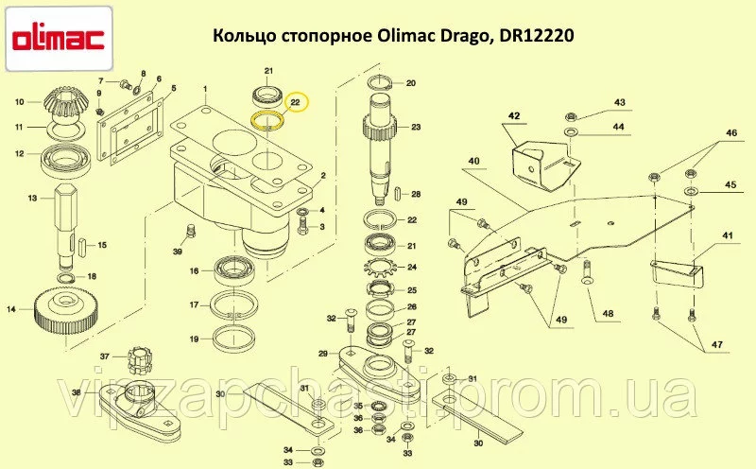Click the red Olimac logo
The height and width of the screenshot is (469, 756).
(x=60, y=40)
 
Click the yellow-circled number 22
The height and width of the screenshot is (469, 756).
(x=295, y=102)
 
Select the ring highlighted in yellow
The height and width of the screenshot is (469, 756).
(x=268, y=120)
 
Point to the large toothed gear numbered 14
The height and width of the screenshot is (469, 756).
(x=67, y=311)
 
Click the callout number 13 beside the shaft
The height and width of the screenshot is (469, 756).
(x=32, y=198)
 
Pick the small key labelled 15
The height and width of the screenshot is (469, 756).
(x=82, y=245)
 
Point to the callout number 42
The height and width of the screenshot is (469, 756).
(x=514, y=115)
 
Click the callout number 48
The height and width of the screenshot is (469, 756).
(x=608, y=314)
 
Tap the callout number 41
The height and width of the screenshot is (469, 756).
(x=727, y=235)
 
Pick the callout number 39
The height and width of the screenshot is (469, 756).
(x=178, y=252)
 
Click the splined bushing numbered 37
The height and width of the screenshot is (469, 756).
(x=139, y=360)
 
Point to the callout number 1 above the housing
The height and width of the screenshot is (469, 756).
(x=205, y=89)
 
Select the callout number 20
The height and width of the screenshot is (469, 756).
(x=411, y=83)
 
